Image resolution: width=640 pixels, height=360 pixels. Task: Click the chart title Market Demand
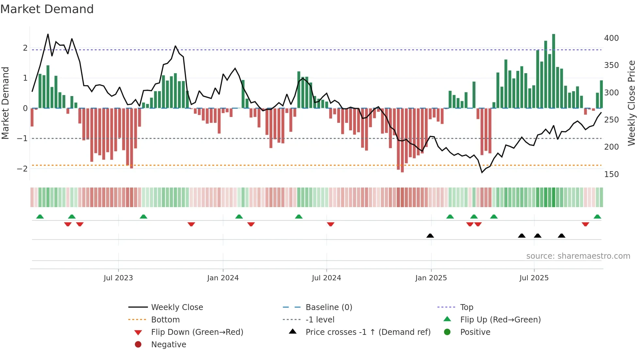[47, 9]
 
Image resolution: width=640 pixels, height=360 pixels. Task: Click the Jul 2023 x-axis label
[118, 278]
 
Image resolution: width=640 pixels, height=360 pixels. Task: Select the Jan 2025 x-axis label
[431, 278]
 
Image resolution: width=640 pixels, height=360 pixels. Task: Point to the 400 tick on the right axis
[611, 38]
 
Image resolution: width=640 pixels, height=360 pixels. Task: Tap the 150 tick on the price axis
[611, 174]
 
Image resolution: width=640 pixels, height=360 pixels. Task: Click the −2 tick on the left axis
[22, 169]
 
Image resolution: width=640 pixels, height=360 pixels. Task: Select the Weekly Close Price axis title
[632, 103]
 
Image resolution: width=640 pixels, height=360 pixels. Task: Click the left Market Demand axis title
[6, 103]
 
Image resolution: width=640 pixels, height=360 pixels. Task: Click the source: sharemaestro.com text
[578, 256]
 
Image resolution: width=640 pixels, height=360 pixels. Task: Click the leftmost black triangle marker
[430, 236]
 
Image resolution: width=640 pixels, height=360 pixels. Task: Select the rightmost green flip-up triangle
[597, 217]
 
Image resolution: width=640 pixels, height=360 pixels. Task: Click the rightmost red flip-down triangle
[585, 224]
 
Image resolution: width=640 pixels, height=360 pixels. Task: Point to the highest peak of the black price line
[48, 34]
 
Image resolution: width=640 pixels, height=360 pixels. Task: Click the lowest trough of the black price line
[482, 172]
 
